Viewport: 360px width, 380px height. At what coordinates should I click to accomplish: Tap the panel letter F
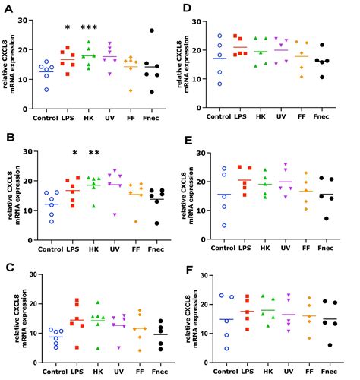pyautogui.click(x=188, y=268)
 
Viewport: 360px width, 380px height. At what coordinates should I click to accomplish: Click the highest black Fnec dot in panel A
pyautogui.click(x=152, y=31)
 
